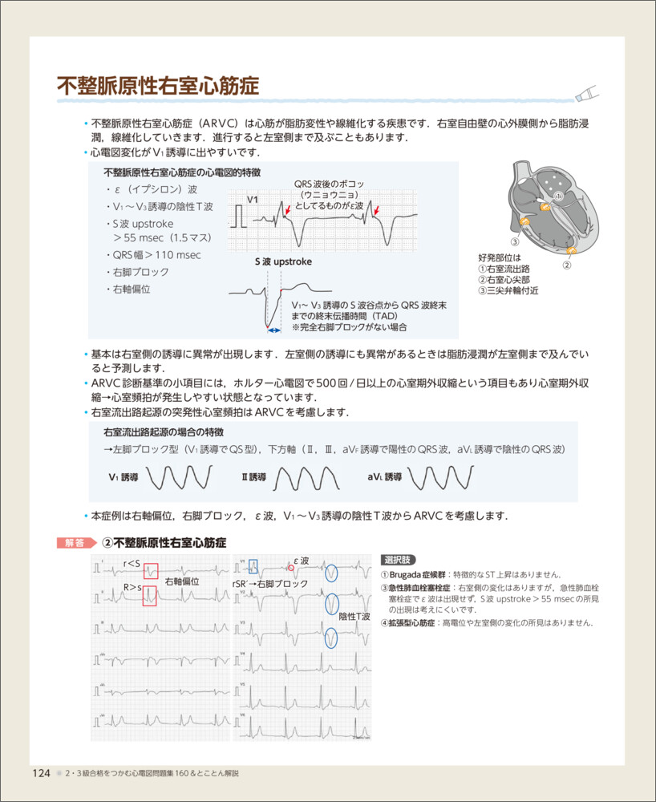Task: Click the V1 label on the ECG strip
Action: click(x=253, y=199)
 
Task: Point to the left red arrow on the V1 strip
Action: click(x=287, y=212)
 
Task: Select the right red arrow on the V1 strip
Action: click(x=376, y=212)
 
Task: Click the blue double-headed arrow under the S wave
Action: click(x=274, y=330)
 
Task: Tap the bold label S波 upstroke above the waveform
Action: click(x=283, y=261)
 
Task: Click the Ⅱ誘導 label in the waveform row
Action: click(x=253, y=477)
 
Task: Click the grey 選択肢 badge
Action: click(x=399, y=560)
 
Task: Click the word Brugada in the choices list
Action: click(x=409, y=575)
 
